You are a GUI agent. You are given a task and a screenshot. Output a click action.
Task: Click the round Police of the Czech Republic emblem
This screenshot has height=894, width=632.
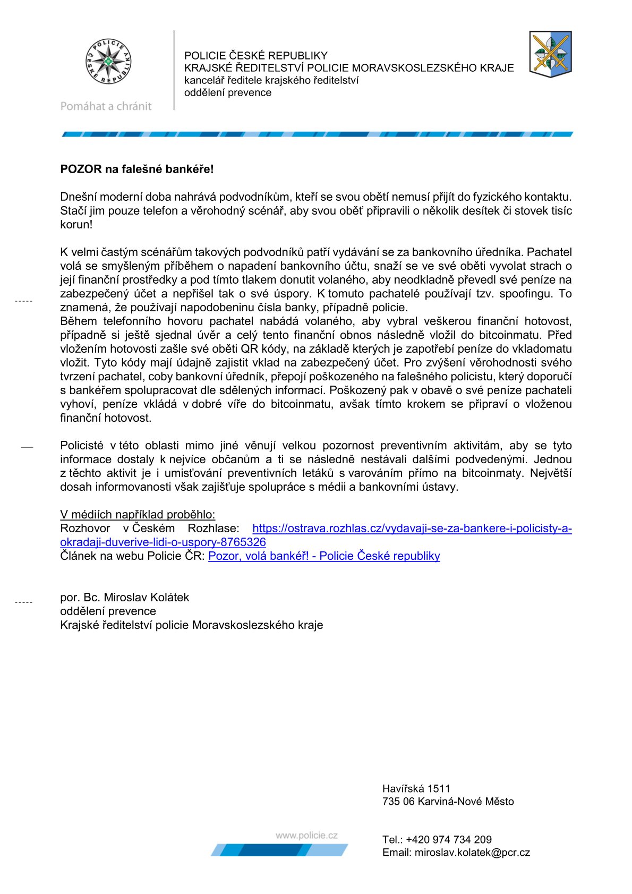coord(108,62)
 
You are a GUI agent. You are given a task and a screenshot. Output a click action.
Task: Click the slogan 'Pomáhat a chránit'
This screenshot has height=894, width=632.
coord(106,106)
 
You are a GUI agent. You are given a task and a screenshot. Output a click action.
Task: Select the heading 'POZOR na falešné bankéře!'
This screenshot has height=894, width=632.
coord(137,169)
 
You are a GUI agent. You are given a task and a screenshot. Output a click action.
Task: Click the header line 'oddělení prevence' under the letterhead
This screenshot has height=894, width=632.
coord(228,93)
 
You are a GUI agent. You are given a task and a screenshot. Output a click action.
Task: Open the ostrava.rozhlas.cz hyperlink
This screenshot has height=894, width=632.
coord(412,529)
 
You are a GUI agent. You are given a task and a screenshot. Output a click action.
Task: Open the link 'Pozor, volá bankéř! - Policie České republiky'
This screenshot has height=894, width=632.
coord(324,556)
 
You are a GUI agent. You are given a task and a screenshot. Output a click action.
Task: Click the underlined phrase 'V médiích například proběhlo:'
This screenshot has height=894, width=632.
coord(138,515)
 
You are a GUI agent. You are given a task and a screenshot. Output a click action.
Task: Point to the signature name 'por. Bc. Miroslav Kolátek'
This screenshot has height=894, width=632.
coord(125,598)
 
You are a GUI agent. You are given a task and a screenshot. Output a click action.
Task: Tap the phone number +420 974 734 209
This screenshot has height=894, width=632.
coord(449,840)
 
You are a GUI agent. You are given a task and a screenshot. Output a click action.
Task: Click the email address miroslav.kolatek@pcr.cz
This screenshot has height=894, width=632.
coord(472,853)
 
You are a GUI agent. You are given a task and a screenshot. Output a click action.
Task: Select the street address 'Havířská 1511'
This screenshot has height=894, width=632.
coord(416,789)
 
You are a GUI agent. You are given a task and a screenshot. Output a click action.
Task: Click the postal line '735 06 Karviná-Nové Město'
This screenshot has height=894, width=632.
coord(448,802)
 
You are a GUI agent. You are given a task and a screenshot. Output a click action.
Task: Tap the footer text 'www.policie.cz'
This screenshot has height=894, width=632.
coord(306,836)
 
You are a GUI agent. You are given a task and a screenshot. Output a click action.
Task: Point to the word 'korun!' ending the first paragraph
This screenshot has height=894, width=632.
coord(76,225)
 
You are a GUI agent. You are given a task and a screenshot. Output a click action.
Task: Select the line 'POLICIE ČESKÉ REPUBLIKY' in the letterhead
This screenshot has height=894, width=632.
coord(256,56)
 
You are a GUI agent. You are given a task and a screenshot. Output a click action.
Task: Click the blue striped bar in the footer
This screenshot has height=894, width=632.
coord(279,850)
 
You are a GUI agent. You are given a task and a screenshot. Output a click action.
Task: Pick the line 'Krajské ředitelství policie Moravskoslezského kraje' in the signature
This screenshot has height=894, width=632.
coord(191,625)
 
